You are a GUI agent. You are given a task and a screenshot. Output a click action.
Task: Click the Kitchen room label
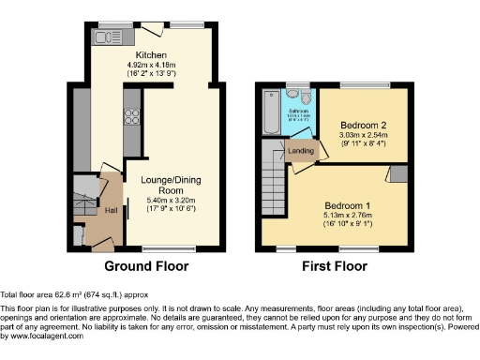coord(139,55)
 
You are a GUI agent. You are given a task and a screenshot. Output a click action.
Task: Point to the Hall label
coord(110,210)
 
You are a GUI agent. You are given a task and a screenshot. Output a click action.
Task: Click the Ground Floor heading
coord(148,266)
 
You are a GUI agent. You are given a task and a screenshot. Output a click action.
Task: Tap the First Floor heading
coord(335,266)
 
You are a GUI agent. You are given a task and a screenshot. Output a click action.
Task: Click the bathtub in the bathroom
coord(272,112)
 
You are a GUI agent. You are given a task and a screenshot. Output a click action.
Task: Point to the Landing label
coord(301,151)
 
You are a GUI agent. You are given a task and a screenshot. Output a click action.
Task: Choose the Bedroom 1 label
coord(347,204)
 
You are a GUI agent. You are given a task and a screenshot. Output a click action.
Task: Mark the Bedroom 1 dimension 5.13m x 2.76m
coord(347,215)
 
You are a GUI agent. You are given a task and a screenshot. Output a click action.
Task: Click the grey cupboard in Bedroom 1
coord(398,173)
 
